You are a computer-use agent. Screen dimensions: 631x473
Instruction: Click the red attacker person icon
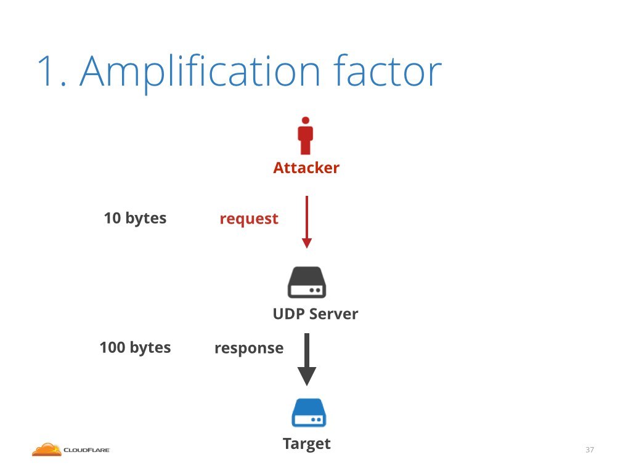click(306, 136)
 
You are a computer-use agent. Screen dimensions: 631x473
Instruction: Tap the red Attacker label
click(306, 168)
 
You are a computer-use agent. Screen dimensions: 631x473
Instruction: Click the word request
click(249, 219)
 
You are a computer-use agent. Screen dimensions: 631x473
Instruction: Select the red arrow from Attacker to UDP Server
click(307, 222)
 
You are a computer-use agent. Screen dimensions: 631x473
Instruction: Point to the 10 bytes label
click(135, 219)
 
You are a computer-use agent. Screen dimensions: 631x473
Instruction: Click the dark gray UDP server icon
click(307, 282)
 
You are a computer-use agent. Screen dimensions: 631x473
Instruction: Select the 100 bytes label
click(135, 348)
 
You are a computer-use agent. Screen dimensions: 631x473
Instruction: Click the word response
click(249, 349)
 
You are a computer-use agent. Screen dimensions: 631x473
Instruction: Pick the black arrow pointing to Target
click(307, 360)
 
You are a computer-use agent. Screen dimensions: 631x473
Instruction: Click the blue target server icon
click(309, 413)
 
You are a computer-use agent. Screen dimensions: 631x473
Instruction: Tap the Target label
click(307, 443)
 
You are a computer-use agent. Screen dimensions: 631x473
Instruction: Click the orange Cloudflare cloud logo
click(47, 450)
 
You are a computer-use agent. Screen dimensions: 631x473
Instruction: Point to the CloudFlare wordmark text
click(86, 450)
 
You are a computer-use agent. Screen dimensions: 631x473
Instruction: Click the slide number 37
click(590, 450)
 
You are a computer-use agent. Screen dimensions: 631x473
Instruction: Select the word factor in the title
click(388, 70)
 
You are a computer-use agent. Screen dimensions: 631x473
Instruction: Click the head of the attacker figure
click(306, 120)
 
